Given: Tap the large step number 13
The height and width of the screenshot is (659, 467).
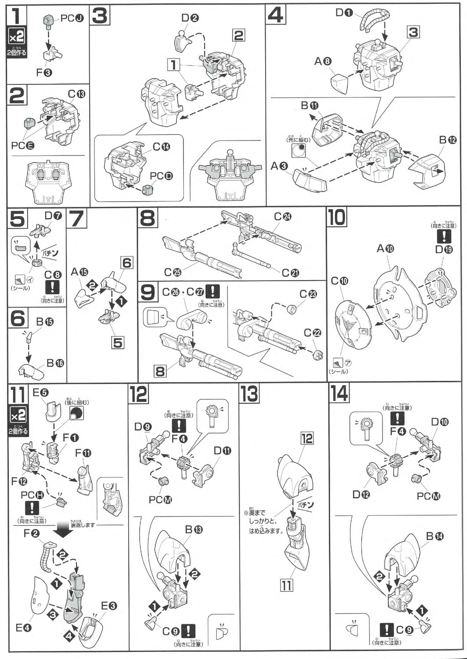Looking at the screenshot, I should (249, 393).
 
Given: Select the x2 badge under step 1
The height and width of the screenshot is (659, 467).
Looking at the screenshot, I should (17, 38).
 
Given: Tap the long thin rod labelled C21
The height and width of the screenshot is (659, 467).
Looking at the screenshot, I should (250, 257).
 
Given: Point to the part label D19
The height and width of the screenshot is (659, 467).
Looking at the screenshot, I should (444, 250).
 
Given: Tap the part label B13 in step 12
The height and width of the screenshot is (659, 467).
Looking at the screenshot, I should (193, 529).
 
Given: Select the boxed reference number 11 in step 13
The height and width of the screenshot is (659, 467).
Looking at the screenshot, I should (286, 585).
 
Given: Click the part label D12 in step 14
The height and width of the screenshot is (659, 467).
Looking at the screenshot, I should (361, 495).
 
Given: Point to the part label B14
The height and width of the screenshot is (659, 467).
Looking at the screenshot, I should (435, 536).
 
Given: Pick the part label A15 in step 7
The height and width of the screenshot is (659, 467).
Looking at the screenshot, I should (79, 272).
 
